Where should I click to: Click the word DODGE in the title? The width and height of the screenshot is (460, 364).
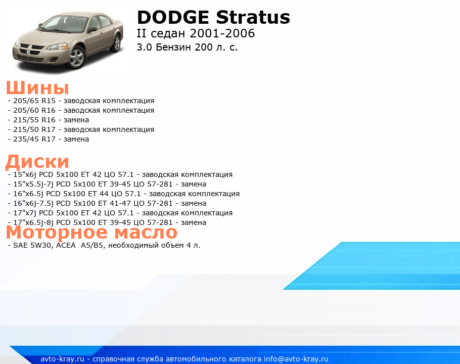click(173, 17)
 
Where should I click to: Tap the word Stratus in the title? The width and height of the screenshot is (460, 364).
click(253, 17)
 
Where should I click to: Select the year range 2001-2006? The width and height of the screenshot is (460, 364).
click(222, 33)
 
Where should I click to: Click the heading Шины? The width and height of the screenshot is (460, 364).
click(37, 87)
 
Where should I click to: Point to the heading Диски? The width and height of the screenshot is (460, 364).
click(37, 161)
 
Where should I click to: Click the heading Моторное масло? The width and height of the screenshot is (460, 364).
click(91, 232)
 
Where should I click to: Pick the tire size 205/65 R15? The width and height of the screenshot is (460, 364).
click(34, 101)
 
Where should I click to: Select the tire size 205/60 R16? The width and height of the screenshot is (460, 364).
click(34, 110)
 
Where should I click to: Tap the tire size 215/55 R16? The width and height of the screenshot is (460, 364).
click(34, 120)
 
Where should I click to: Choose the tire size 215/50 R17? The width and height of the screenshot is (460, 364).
click(34, 129)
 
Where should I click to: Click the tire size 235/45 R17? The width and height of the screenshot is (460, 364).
click(34, 139)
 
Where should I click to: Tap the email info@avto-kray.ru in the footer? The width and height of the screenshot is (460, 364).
click(296, 359)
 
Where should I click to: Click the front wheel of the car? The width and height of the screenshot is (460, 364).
click(76, 57)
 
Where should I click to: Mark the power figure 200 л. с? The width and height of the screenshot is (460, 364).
click(216, 47)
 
